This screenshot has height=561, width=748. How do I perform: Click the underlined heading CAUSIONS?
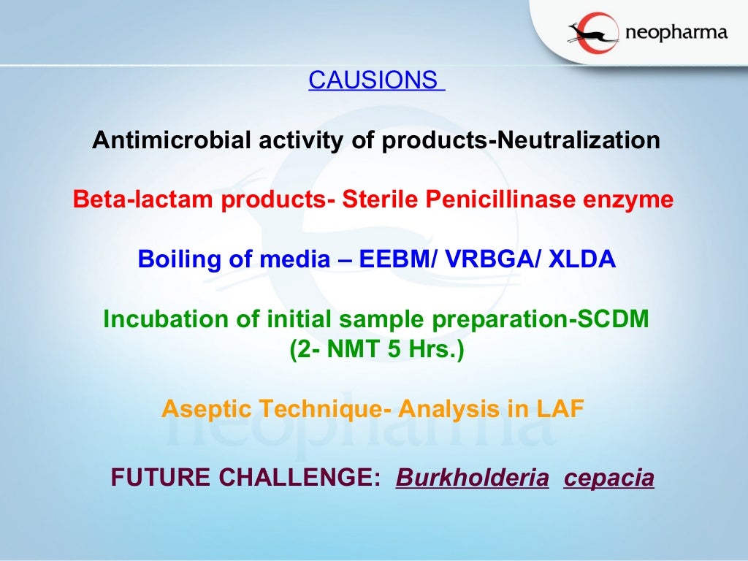pos(375,80)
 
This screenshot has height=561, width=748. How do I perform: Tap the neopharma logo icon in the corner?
pos(592,34)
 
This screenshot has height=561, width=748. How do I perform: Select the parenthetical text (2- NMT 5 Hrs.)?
pos(376,349)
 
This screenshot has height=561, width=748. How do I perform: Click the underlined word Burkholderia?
pos(472,478)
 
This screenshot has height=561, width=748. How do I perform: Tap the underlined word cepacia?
pos(608,478)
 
